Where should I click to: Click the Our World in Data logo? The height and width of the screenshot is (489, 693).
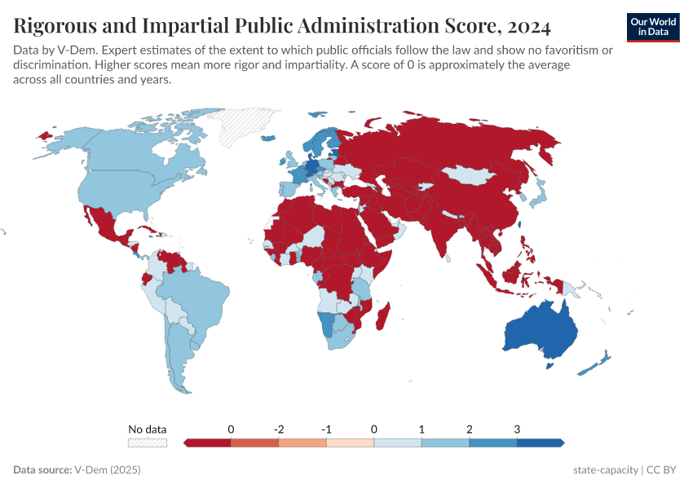(653, 28)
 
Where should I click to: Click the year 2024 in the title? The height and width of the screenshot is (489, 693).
(528, 26)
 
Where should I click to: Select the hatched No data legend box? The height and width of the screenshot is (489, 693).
(148, 443)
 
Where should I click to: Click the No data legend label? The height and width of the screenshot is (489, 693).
(148, 429)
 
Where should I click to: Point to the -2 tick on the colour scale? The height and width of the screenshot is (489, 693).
(279, 429)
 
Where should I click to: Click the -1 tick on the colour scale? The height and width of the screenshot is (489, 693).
(326, 429)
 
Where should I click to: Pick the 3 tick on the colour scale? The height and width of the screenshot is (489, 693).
(517, 429)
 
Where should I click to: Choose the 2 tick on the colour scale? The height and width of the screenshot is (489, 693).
(470, 429)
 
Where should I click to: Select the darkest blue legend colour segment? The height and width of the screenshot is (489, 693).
(540, 443)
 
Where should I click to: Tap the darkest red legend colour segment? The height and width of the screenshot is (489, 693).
(209, 443)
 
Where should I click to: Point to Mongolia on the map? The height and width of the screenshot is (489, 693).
(472, 175)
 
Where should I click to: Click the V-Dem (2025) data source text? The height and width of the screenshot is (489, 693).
(108, 470)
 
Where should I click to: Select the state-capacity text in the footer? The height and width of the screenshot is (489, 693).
(605, 470)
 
